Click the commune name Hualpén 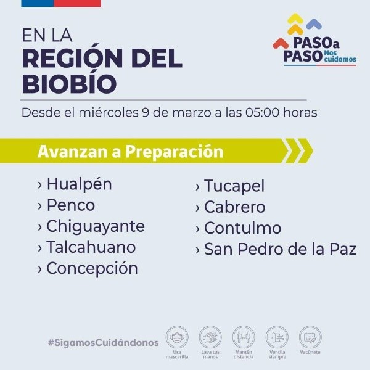click(79, 184)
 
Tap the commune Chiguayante click(95, 226)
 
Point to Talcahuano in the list click(91, 247)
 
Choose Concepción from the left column click(92, 268)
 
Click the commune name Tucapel click(234, 186)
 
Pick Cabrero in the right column click(234, 207)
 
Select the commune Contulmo click(242, 228)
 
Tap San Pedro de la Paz click(280, 249)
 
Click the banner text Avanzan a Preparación click(130, 151)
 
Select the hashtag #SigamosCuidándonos click(103, 342)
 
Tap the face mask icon click(177, 337)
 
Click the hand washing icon click(210, 337)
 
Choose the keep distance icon click(244, 337)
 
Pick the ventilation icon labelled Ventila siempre click(277, 337)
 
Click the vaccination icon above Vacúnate click(310, 337)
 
